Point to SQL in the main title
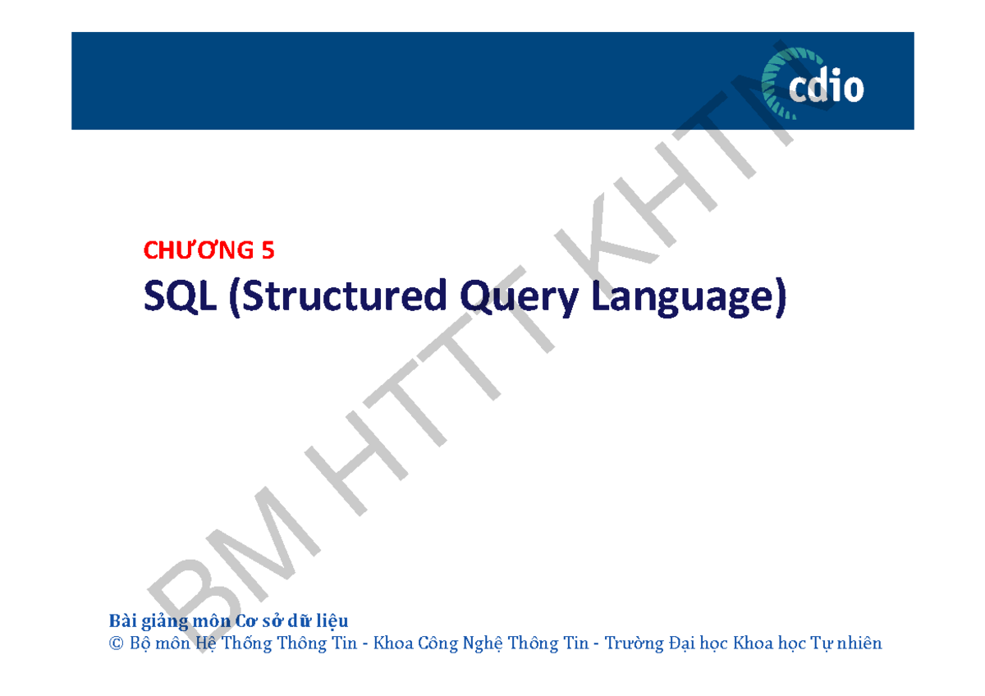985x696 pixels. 180,298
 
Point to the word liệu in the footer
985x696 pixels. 332,620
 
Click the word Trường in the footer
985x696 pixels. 634,643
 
